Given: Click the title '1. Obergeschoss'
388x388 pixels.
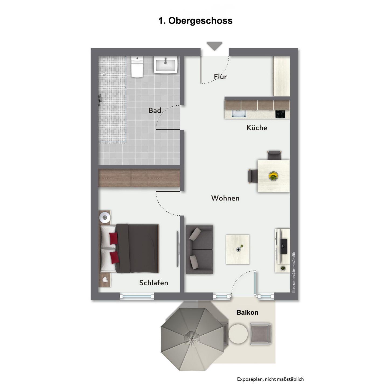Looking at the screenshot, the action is point(195,21).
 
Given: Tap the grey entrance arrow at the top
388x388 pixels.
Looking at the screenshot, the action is point(214,46).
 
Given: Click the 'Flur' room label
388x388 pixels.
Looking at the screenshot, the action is point(220,77).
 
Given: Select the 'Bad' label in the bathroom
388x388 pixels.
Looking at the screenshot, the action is point(155,110).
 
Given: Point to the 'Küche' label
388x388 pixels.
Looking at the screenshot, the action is point(257,127).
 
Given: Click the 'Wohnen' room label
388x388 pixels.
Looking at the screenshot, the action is point(225,198).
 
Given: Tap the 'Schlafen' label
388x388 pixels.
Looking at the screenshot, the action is point(154,283).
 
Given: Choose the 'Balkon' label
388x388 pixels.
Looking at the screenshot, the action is point(247,312).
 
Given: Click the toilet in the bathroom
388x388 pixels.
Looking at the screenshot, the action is point(137,67).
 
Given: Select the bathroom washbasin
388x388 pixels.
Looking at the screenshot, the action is point(166,64).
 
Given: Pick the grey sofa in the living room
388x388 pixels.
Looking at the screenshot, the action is point(199,250).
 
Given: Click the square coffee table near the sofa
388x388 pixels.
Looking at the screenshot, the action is point(238,250).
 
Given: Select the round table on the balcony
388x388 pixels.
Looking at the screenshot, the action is point(238,334).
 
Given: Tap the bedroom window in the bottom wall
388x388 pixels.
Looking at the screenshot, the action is point(137,296).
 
